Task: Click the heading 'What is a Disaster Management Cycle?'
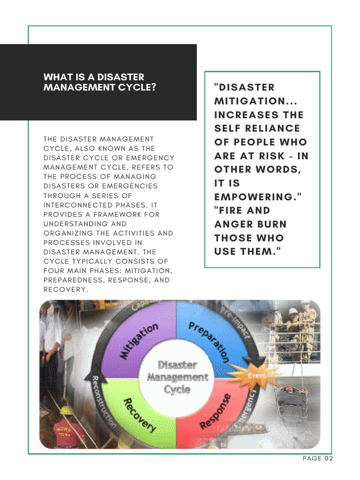point(99,82)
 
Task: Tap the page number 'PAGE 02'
point(318,458)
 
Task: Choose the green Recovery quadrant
point(138,412)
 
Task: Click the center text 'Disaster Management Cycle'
point(176,377)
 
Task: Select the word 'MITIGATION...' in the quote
point(255,101)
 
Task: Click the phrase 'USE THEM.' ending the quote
point(247,251)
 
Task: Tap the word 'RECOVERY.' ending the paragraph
point(66,290)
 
